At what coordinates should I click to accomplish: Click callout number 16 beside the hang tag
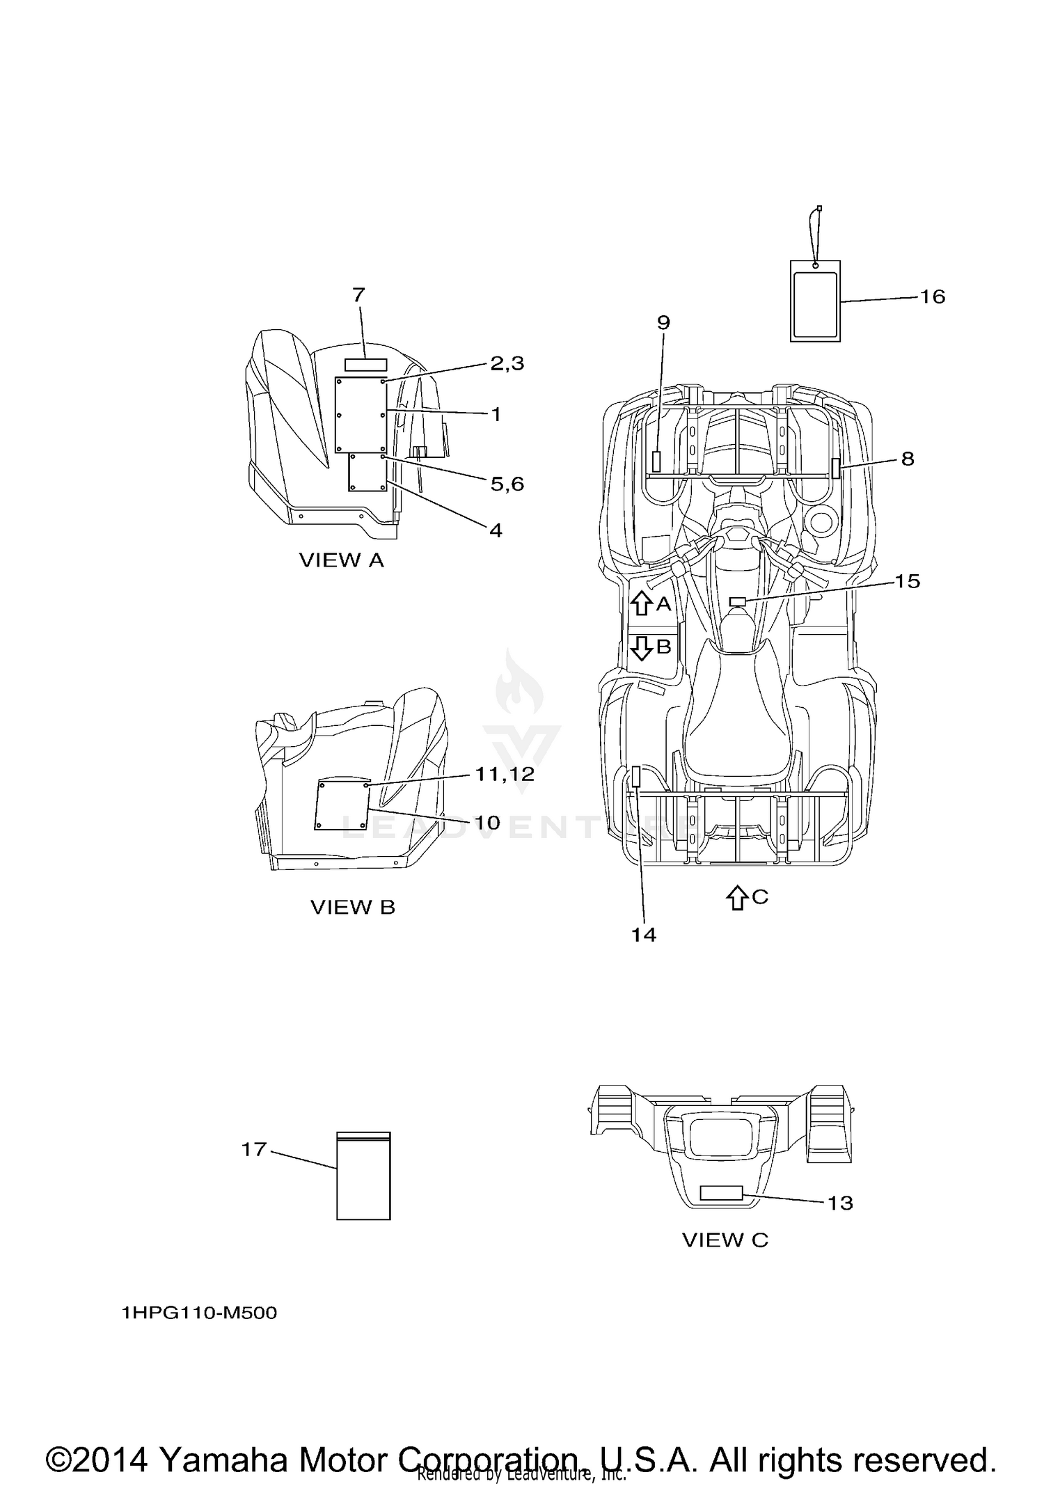tap(933, 297)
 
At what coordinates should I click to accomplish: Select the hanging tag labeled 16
tap(815, 301)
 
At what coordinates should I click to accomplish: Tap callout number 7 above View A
tap(358, 295)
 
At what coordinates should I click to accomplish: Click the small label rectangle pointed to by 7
tap(365, 365)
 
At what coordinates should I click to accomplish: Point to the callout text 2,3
tap(507, 363)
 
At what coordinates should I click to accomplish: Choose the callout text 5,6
tap(507, 484)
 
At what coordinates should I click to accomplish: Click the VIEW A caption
tap(341, 560)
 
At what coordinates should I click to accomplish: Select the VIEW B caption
tap(352, 908)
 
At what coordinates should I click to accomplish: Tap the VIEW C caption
tap(725, 1240)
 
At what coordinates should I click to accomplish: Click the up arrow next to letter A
tap(641, 603)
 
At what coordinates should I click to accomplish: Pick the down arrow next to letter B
tap(641, 647)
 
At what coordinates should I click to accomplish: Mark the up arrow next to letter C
tap(736, 897)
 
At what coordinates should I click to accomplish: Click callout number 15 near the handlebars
tap(907, 581)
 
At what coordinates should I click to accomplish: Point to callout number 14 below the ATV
tap(644, 935)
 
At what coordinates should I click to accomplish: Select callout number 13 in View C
tap(840, 1203)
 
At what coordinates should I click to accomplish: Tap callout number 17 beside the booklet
tap(254, 1149)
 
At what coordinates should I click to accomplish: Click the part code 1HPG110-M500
tap(199, 1313)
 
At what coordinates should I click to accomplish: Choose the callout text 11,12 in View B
tap(505, 774)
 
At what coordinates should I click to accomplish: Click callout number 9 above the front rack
tap(663, 322)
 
